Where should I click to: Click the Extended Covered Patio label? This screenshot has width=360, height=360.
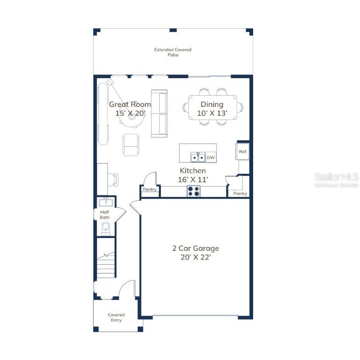point(172,52)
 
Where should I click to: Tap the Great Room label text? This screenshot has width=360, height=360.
point(130,104)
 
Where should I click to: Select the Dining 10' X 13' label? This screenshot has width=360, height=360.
point(212,109)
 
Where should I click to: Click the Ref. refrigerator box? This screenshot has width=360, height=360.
point(242,151)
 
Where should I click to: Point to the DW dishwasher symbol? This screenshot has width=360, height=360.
point(210,157)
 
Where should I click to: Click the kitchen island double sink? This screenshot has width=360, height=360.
point(198,157)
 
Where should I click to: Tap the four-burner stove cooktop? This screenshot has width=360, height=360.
point(194,191)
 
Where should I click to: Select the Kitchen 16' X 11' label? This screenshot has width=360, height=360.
point(193,175)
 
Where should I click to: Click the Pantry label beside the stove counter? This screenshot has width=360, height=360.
point(150,189)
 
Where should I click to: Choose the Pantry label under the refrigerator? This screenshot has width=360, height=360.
point(240,194)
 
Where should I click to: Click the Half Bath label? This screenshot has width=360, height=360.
point(105,215)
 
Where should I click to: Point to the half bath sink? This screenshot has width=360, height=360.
point(105,202)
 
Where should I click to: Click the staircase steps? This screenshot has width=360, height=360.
point(105,264)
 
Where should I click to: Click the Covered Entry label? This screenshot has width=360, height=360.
point(116,317)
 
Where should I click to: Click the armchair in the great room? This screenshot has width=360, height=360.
point(131,145)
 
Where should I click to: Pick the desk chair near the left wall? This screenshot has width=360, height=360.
point(113,180)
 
